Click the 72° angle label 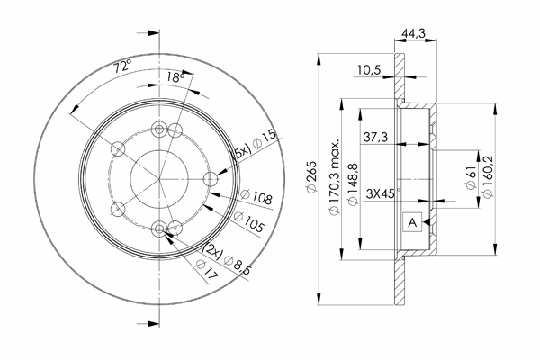tap(122, 66)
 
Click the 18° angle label tap(175, 78)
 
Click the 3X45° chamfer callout tap(380, 191)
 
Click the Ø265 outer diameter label tap(311, 180)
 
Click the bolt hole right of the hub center tap(211, 179)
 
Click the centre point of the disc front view tap(160, 179)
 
